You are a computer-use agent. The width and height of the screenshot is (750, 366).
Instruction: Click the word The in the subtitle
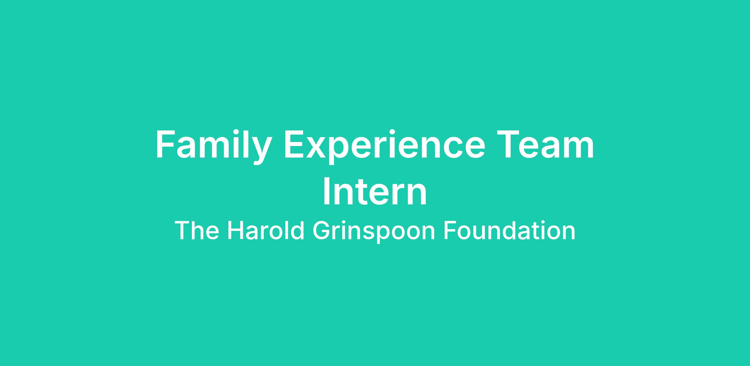(197, 231)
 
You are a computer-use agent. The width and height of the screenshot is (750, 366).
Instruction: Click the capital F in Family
(166, 144)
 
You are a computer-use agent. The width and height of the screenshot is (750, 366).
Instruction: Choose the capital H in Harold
(235, 231)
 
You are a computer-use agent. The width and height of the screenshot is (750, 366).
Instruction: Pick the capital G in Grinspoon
(321, 231)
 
